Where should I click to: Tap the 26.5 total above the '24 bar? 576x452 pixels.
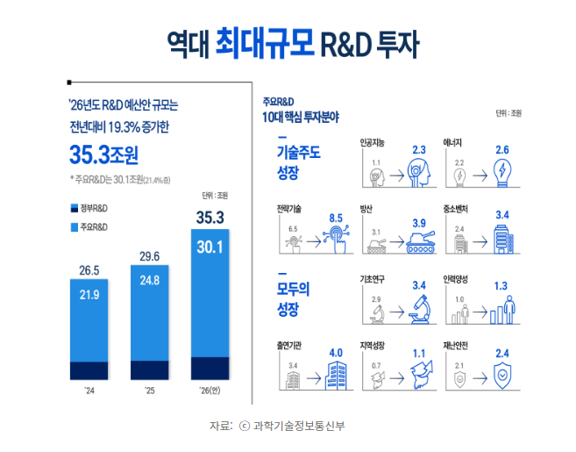88,269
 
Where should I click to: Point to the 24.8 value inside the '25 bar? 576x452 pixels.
149,281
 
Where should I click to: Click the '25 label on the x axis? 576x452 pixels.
149,392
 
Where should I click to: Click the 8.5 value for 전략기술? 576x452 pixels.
335,218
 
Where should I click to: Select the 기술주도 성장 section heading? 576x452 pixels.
298,161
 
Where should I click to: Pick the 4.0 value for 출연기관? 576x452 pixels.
335,354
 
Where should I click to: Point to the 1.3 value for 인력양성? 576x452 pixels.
501,285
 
